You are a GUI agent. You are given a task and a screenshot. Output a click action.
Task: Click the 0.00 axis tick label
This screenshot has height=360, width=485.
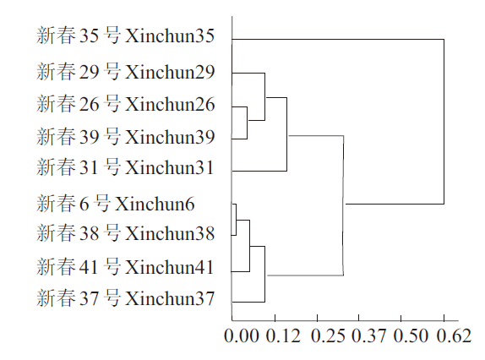[x=242, y=335]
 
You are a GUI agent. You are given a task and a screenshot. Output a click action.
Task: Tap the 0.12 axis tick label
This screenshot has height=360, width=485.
[x=283, y=335]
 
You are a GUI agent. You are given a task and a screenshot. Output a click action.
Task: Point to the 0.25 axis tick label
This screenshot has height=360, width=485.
[x=328, y=335]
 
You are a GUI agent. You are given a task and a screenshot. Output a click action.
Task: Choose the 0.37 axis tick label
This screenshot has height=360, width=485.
[x=369, y=335]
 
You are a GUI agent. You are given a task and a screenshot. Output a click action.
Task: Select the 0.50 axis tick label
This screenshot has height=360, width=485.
[x=411, y=335]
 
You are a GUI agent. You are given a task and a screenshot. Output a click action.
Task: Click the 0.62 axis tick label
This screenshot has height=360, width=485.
[x=454, y=335]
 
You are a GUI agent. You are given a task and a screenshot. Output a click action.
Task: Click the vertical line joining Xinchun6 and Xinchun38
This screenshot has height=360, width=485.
[x=237, y=220]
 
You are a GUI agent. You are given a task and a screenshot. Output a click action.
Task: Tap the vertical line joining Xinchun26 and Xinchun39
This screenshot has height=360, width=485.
[x=247, y=123]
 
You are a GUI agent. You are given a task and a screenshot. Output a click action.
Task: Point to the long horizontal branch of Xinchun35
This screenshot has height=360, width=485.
[x=338, y=39]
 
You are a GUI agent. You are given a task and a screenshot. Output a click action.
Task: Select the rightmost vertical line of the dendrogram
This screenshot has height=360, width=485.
[x=444, y=122]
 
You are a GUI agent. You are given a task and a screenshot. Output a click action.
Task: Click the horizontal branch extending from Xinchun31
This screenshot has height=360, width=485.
[x=259, y=171]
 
